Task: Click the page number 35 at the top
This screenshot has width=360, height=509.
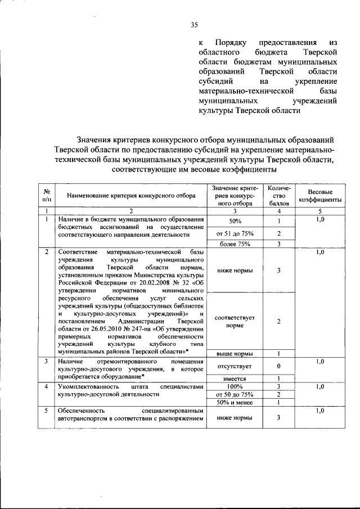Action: click(195, 24)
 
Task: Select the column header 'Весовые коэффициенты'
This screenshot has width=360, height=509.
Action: click(320, 195)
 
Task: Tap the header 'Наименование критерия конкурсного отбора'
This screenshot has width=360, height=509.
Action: click(131, 196)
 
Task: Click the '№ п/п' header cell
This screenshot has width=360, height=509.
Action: click(46, 195)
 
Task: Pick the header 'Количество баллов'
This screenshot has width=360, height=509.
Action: click(278, 195)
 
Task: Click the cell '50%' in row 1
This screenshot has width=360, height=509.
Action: click(235, 220)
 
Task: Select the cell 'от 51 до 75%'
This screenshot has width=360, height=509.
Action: click(235, 233)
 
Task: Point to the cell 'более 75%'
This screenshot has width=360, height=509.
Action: click(235, 244)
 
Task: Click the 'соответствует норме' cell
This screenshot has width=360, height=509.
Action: click(235, 321)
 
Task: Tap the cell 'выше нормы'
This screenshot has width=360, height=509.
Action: click(235, 353)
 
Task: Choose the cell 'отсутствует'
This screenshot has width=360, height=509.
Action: click(235, 366)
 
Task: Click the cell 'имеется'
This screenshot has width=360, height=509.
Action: click(235, 379)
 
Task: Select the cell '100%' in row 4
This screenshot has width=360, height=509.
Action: click(235, 387)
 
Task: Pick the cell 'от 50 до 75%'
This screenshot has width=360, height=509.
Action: click(235, 395)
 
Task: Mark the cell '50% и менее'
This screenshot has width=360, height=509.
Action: click(235, 403)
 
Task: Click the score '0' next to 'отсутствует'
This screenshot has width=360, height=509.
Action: click(278, 366)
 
